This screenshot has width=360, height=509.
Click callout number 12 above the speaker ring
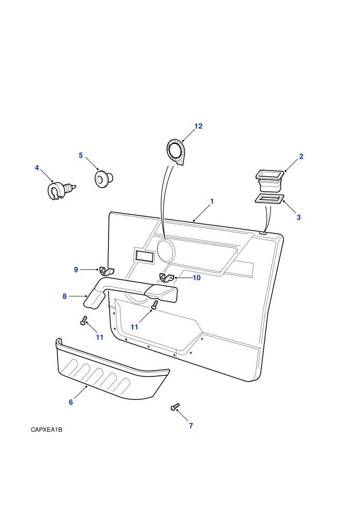(x=198, y=126)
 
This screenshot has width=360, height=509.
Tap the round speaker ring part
(x=175, y=152)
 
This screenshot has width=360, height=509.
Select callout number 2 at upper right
(x=301, y=156)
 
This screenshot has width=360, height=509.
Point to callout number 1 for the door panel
(x=212, y=201)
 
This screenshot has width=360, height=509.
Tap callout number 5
(x=81, y=155)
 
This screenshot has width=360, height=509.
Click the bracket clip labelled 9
(x=107, y=271)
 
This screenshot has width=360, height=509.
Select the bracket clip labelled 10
(x=167, y=278)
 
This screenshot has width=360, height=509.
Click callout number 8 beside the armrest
(x=64, y=296)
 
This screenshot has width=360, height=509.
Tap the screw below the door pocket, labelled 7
(x=175, y=407)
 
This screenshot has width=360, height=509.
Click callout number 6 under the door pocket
(x=71, y=402)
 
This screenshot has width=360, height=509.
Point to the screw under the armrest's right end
(x=155, y=304)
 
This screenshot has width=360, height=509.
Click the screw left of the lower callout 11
(x=84, y=321)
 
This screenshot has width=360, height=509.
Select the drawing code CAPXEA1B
(x=46, y=430)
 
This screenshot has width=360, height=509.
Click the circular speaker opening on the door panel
(x=166, y=250)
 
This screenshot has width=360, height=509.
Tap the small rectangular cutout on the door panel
(x=143, y=255)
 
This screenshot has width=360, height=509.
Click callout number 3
(x=299, y=217)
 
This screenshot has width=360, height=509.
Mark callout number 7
(x=191, y=426)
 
